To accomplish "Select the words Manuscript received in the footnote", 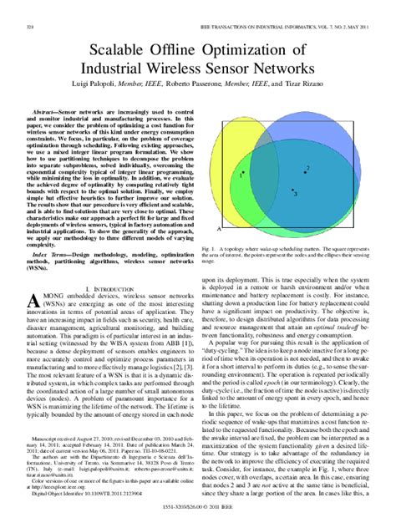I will point(53,463).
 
